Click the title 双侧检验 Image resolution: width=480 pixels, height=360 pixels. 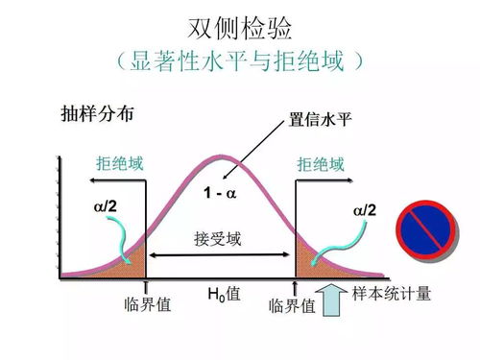coord(239,26)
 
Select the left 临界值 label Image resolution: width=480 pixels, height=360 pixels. coord(148,305)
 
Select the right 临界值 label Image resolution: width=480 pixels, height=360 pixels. coord(293,305)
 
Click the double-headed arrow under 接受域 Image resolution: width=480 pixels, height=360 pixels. coord(219,254)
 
